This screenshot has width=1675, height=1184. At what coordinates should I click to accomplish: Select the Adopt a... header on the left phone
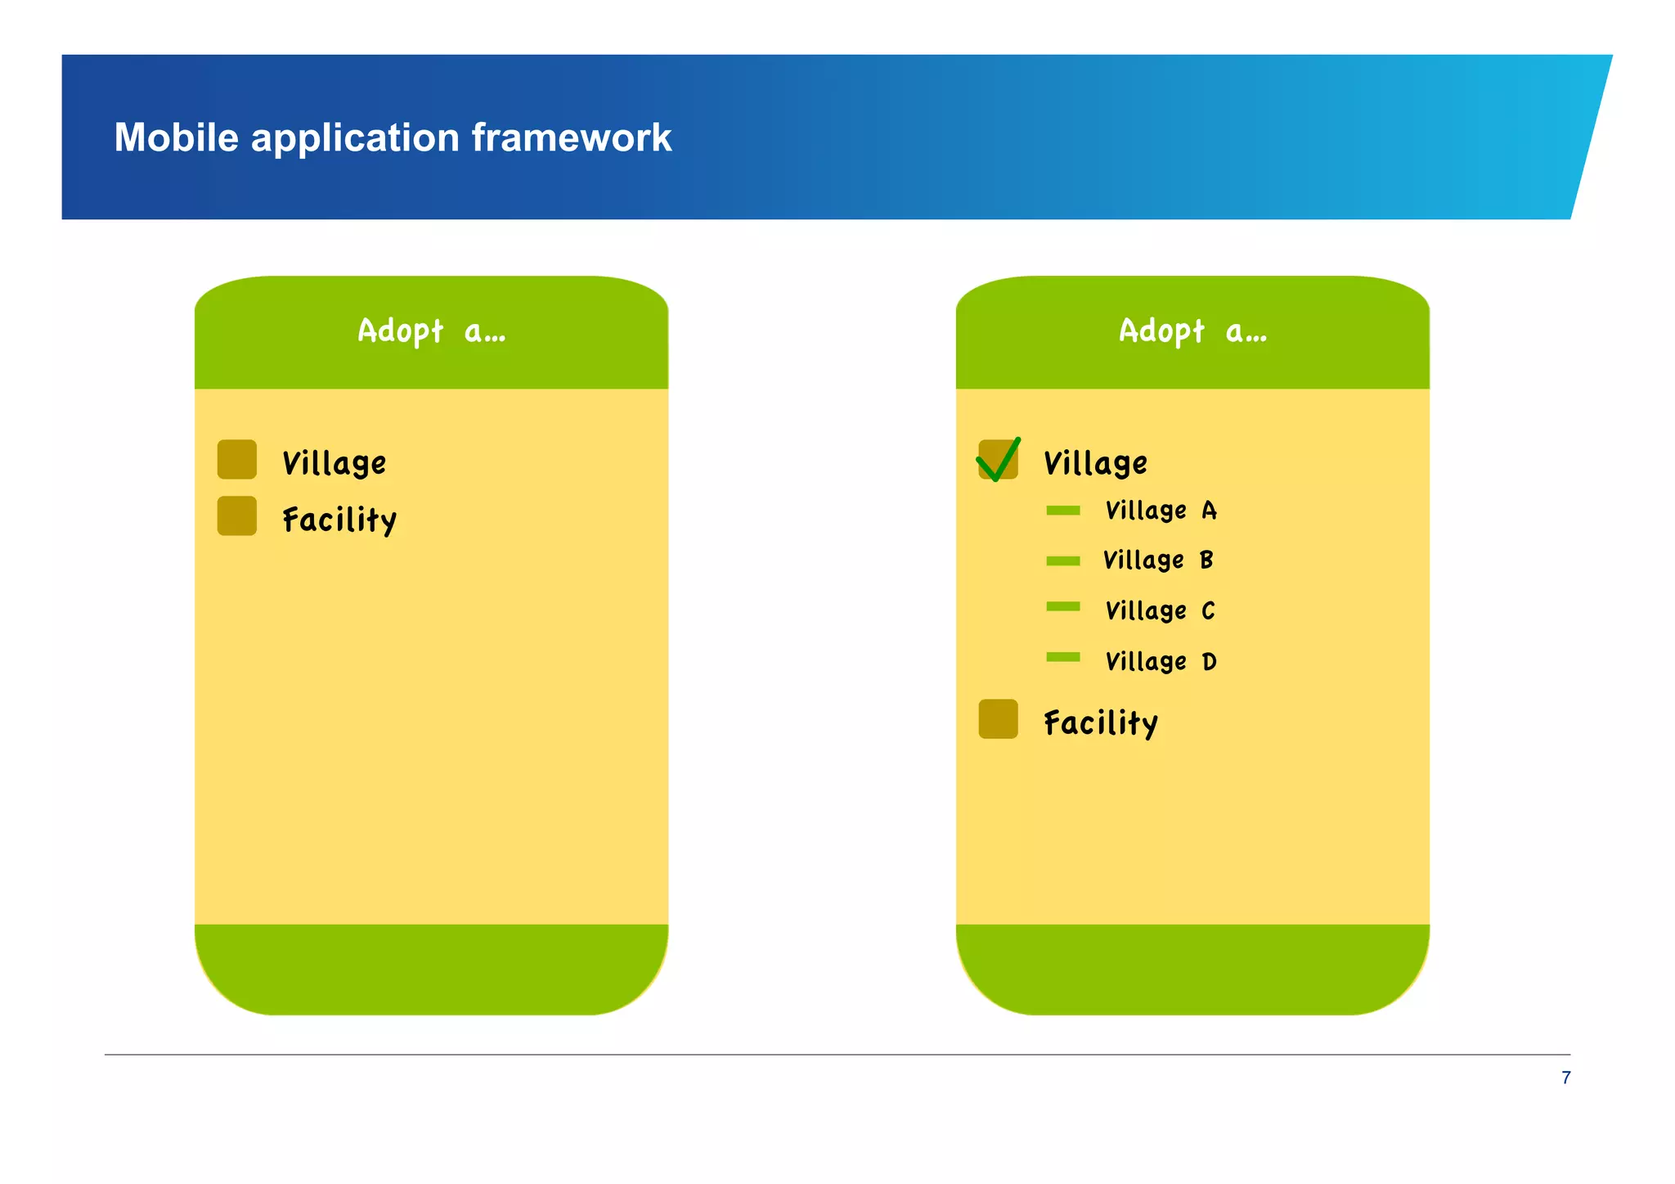click(431, 331)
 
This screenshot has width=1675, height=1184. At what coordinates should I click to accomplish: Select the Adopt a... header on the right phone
click(1192, 331)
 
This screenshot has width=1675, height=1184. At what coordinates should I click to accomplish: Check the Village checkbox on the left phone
click(237, 460)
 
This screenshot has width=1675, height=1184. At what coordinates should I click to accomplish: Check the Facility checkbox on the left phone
click(237, 516)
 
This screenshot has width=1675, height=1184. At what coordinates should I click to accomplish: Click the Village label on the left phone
click(334, 463)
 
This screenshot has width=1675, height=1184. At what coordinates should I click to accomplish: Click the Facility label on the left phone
click(339, 520)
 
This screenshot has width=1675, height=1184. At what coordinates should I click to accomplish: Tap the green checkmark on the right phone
click(999, 460)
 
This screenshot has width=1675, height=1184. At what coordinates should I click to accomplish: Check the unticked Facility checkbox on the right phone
click(999, 719)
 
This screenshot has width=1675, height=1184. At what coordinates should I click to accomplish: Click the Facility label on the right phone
click(1101, 723)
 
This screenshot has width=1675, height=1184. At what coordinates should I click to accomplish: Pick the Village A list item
click(1161, 511)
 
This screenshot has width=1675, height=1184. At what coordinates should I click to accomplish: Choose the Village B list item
click(1158, 560)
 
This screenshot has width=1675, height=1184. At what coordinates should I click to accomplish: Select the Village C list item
click(1160, 611)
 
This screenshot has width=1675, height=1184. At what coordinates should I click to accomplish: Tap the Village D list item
click(1161, 661)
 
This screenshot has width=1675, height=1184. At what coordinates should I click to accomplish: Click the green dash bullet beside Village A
click(1063, 511)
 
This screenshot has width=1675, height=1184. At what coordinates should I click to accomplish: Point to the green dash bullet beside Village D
click(1063, 657)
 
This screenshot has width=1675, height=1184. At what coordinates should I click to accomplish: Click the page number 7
click(1565, 1078)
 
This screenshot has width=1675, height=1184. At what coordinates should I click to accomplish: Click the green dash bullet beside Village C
click(1063, 606)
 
